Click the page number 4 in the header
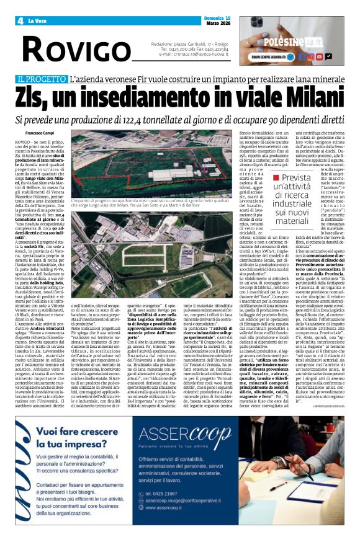pos(20,21)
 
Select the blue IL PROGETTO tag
pos(40,79)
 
